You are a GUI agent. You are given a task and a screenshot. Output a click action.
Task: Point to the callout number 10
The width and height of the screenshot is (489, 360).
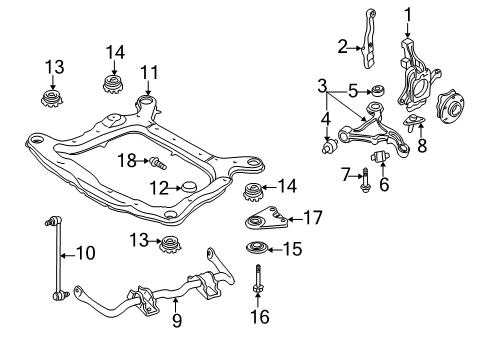click(86, 254)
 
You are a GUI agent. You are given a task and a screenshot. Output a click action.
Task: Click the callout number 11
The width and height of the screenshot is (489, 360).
click(150, 72)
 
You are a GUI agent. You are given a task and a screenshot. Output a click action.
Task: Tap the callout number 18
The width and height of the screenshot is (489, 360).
click(127, 159)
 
